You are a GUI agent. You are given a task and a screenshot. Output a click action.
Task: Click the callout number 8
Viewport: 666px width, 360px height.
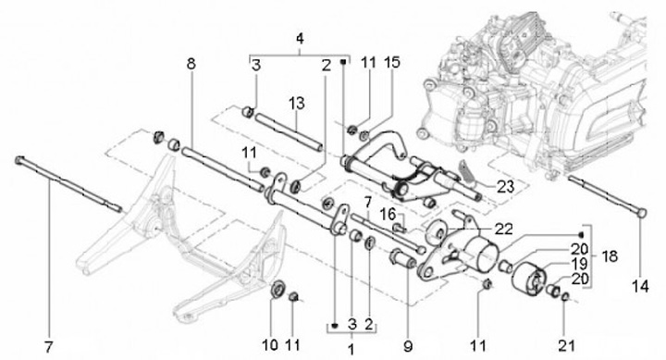pyautogui.click(x=191, y=64)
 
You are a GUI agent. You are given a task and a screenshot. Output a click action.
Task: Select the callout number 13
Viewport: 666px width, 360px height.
pyautogui.click(x=297, y=104)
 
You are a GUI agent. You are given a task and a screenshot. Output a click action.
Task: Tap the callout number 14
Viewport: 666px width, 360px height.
pyautogui.click(x=640, y=287)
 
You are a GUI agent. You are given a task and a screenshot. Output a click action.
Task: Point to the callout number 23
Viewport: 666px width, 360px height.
pyautogui.click(x=505, y=187)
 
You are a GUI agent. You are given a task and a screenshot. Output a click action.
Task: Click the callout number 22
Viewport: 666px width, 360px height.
pyautogui.click(x=503, y=230)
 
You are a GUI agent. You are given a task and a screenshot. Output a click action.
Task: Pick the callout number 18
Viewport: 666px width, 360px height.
pyautogui.click(x=609, y=256)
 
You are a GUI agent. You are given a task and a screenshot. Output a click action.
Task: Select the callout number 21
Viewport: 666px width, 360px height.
pyautogui.click(x=567, y=345)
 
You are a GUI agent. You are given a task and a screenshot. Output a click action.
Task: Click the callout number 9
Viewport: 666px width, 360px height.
pyautogui.click(x=408, y=346)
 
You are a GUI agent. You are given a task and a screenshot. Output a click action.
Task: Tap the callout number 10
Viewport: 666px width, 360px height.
pyautogui.click(x=270, y=344)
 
